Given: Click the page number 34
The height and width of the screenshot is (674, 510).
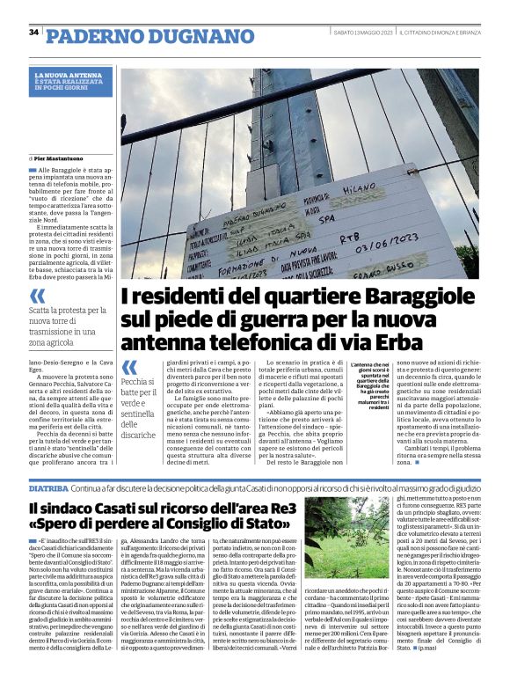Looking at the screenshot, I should (x=33, y=33).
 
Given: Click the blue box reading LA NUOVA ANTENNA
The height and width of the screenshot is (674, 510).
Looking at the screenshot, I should (x=73, y=82).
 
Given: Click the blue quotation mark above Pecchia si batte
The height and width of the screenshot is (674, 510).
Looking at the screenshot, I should (x=130, y=367).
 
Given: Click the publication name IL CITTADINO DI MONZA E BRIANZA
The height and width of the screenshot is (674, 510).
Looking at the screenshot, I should (x=437, y=33).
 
